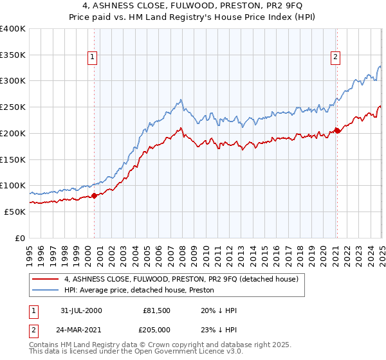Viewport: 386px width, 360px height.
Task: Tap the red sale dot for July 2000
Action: coord(94,195)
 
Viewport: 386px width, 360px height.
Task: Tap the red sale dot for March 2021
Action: coord(336,130)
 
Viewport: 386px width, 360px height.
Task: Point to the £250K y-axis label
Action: coord(13,107)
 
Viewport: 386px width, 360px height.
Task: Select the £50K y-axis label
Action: coord(15,212)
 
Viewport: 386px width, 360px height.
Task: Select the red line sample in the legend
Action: coord(46,280)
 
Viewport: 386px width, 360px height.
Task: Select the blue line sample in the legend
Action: coord(46,291)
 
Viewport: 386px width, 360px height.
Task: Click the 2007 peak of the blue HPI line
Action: coord(181,100)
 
